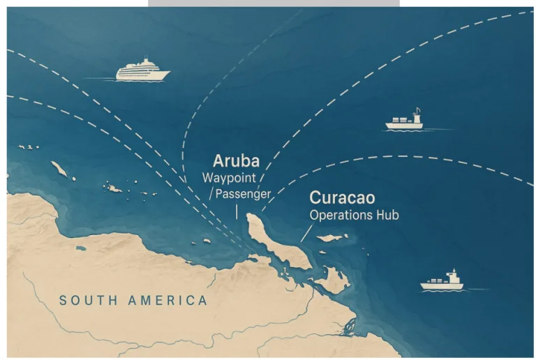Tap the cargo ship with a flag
coord(405,121)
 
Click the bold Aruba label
coord(236,160)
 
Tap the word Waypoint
coord(230,177)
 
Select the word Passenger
coord(242,193)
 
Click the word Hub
coord(387,215)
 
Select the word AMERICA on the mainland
coord(168,301)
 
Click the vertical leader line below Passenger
coord(237,211)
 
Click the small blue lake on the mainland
coord(81,248)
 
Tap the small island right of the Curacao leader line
coord(332,238)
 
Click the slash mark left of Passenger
coord(211,193)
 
